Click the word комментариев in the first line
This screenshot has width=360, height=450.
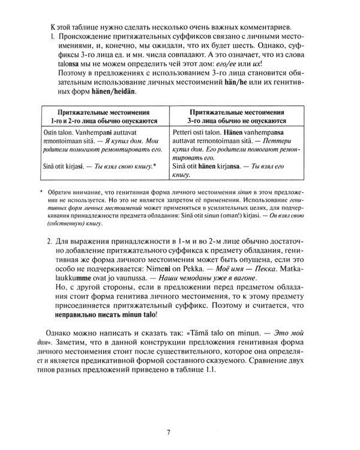(x=244, y=25)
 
